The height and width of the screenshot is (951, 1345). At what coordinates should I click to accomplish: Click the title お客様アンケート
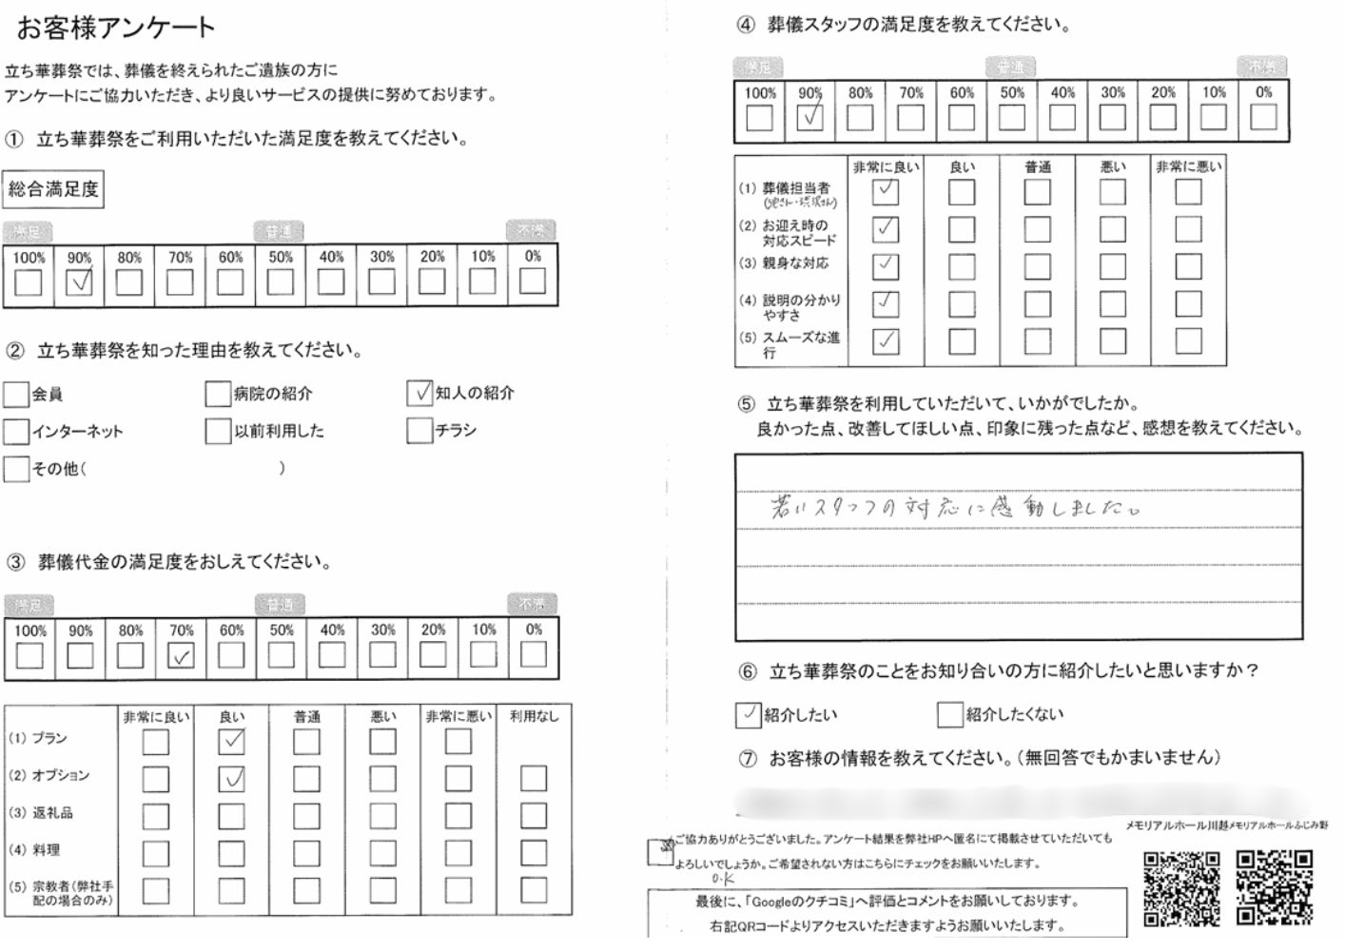click(116, 28)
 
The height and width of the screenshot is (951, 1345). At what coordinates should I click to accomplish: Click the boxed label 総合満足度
click(53, 189)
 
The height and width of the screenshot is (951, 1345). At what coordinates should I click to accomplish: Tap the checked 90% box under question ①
click(80, 281)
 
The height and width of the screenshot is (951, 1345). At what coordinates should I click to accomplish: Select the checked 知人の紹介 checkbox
click(419, 393)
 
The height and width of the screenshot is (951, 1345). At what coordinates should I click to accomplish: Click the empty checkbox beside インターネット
click(16, 432)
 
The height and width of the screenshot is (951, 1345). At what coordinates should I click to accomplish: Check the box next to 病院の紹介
click(218, 394)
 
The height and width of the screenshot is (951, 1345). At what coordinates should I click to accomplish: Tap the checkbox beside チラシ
click(419, 431)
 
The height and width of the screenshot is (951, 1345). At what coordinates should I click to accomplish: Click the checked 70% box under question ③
click(181, 655)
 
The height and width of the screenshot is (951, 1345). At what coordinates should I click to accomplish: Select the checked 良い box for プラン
click(231, 741)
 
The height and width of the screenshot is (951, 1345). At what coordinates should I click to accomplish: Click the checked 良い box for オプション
click(231, 779)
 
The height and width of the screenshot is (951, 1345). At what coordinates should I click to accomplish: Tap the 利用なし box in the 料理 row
click(534, 853)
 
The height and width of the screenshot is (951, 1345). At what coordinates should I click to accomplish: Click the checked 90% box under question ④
click(810, 117)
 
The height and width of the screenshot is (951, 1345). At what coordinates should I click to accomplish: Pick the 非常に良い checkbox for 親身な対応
click(886, 266)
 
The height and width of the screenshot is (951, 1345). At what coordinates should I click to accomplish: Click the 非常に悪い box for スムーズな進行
click(1188, 340)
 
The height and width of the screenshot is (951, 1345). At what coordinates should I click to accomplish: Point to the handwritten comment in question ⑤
click(954, 507)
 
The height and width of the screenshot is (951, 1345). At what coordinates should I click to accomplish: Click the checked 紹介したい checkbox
click(748, 714)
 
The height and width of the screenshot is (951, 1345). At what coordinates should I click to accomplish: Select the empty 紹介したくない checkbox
click(949, 714)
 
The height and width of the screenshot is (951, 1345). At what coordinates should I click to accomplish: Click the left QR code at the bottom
click(1180, 888)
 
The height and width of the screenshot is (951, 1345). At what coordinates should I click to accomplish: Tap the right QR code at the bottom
click(1274, 888)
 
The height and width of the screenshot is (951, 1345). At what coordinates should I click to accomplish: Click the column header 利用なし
click(534, 716)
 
